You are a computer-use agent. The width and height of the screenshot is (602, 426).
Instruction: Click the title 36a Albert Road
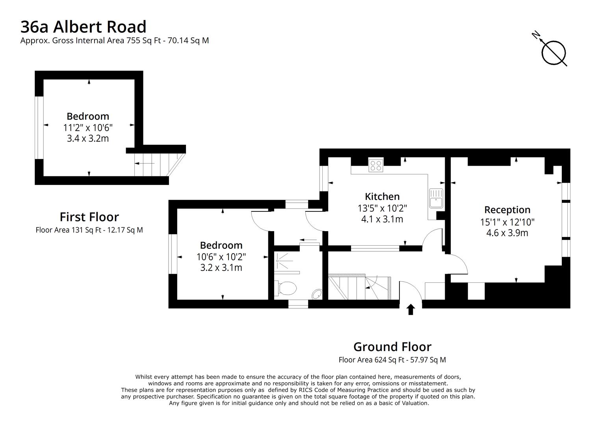tap(83, 27)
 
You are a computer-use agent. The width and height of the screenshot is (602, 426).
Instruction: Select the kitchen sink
tap(436, 198)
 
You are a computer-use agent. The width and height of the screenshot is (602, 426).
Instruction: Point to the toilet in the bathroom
tap(285, 288)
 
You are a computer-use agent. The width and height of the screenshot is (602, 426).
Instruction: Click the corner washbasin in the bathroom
tap(317, 294)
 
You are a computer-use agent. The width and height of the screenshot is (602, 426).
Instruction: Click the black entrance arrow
tap(411, 309)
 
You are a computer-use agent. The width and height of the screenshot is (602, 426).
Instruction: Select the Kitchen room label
tap(382, 196)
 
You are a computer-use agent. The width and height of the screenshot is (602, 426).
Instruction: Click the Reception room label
tap(507, 209)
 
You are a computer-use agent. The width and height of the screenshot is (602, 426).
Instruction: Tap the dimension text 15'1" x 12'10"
tap(507, 222)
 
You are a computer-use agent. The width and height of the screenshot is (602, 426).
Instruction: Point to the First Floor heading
tap(89, 217)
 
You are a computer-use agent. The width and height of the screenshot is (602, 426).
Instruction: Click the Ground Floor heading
tap(392, 347)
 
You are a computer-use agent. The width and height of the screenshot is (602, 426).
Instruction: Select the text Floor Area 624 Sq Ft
tap(372, 360)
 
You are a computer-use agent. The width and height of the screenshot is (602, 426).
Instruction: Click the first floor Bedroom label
tap(88, 116)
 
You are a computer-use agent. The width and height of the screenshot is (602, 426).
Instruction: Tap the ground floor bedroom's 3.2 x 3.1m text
tap(221, 268)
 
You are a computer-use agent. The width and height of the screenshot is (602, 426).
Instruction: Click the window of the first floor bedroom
tap(39, 127)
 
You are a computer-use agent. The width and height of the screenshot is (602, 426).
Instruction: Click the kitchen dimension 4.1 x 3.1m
tap(382, 219)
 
